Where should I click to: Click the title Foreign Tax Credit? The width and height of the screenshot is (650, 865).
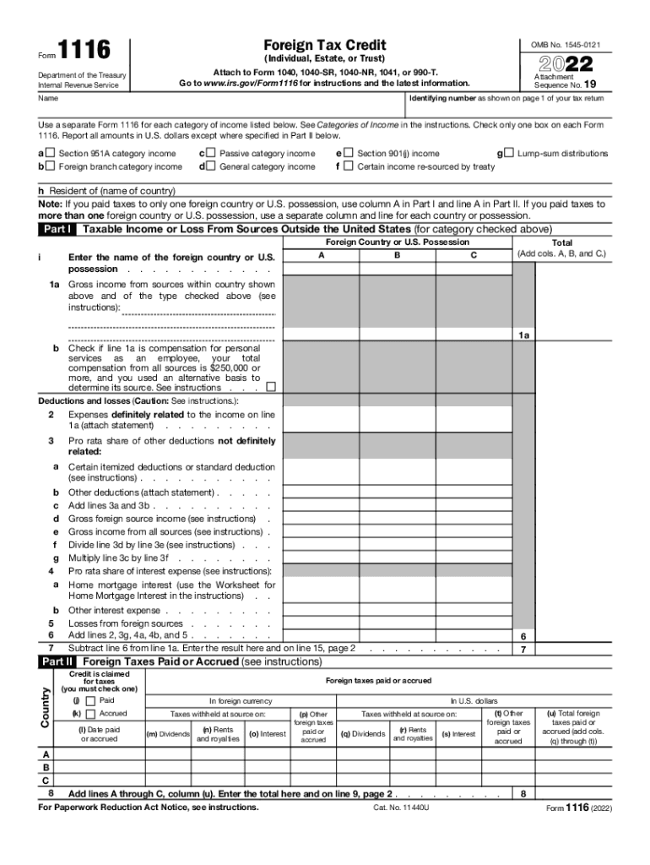coord(324,45)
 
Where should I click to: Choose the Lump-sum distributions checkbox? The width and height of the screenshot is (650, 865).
coord(508,154)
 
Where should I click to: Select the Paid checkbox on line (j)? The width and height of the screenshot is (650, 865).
coord(90,700)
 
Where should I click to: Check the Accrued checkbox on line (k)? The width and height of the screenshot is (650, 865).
coord(90,714)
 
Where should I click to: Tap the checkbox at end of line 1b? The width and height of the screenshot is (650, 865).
coord(270,388)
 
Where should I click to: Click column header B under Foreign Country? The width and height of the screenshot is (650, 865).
coord(397,253)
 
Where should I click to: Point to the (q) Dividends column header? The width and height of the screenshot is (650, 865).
coord(362,734)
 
